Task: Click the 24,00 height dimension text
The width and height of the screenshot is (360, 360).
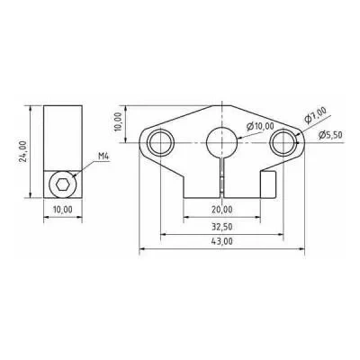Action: [23, 151]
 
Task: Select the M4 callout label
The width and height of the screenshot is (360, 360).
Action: [104, 157]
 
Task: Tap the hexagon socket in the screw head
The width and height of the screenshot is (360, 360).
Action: [63, 184]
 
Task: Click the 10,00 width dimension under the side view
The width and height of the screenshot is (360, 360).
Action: [63, 210]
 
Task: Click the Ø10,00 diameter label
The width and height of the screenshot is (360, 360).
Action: [260, 126]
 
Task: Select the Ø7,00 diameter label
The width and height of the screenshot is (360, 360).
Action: [315, 115]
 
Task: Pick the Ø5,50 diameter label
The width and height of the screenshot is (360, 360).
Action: [330, 135]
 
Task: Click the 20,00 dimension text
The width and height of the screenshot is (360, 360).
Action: [222, 210]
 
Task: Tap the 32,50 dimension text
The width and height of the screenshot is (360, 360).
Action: [222, 227]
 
